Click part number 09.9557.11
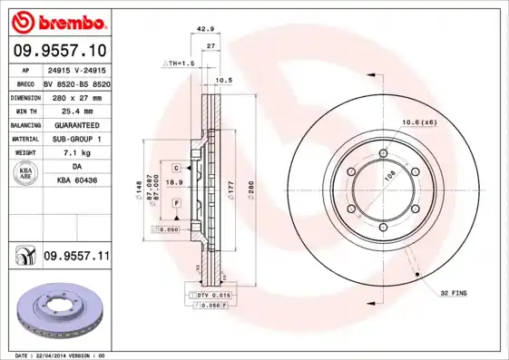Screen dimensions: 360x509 76,257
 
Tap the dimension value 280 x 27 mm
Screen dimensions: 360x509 75,95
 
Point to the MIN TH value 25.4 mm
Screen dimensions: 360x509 75,110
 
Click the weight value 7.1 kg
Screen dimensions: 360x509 75,153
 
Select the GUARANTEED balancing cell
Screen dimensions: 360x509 75,124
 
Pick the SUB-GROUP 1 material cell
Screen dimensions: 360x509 75,139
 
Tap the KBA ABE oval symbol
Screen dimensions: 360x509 25,174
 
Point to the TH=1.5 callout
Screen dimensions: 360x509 179,63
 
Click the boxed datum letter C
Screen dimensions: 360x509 176,168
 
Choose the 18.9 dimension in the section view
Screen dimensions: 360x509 181,181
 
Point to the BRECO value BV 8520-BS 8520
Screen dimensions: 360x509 75,81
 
